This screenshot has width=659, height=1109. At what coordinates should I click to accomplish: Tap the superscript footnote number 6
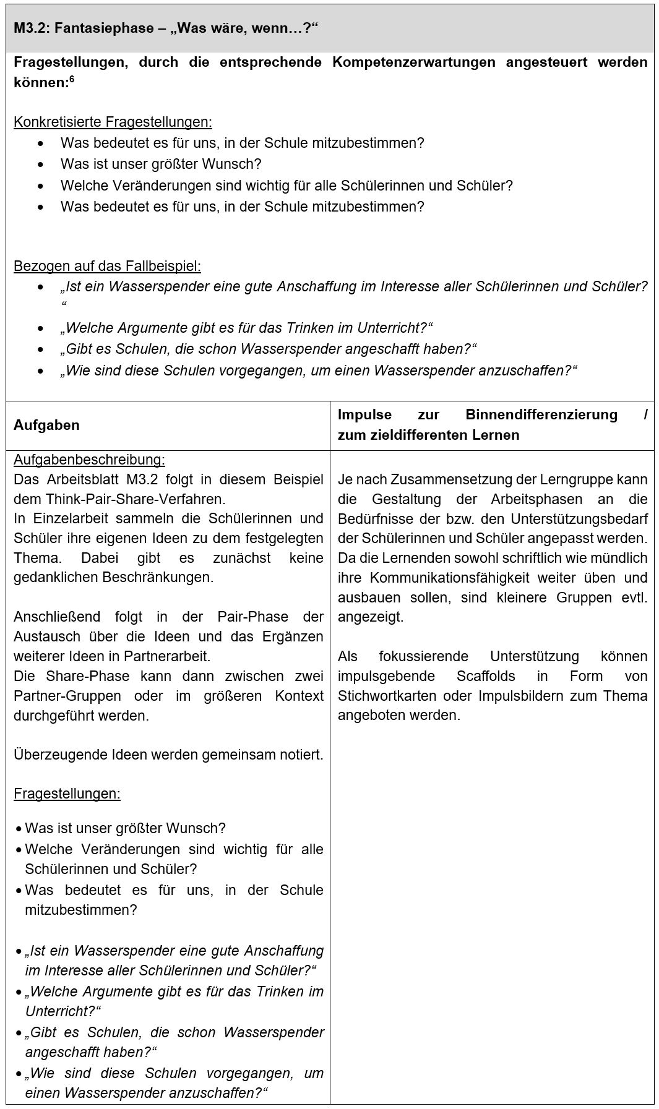pyautogui.click(x=71, y=78)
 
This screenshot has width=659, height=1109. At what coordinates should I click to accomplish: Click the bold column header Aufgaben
pyautogui.click(x=46, y=425)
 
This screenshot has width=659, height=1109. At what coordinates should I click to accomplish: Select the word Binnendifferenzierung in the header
pyautogui.click(x=541, y=414)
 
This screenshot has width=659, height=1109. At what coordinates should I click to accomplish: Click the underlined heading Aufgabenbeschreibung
pyautogui.click(x=89, y=460)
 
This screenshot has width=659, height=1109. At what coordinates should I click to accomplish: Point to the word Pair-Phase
pyautogui.click(x=252, y=617)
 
